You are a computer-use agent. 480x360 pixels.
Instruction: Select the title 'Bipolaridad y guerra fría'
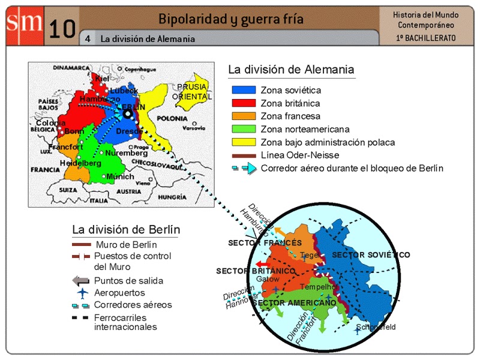[231, 19]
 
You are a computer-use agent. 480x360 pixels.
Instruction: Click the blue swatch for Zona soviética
[244, 90]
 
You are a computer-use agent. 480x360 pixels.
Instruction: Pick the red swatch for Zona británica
[244, 103]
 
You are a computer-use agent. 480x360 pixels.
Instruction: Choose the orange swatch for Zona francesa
[244, 116]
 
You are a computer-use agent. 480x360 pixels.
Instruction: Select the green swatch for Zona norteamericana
[244, 130]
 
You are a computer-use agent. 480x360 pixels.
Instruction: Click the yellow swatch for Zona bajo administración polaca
[244, 143]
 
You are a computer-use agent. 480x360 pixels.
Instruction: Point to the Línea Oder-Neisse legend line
[244, 155]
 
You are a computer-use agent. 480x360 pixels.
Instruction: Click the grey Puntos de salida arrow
[81, 281]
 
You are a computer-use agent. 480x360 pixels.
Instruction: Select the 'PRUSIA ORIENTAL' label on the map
[192, 92]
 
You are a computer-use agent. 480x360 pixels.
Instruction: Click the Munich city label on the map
[120, 176]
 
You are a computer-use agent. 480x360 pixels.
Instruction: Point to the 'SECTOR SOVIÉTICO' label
[371, 255]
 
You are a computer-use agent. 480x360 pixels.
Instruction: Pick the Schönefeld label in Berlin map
[376, 327]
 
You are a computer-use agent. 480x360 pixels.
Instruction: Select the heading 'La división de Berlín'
[126, 229]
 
